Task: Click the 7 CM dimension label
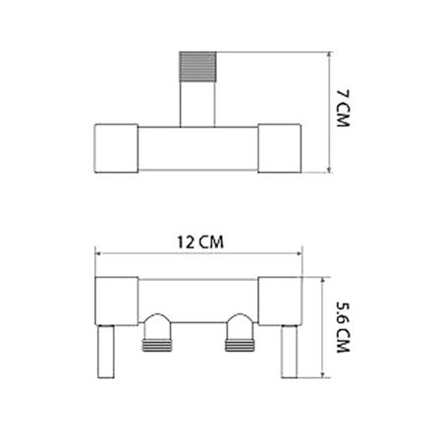pyautogui.click(x=343, y=108)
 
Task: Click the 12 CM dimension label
pyautogui.click(x=200, y=243)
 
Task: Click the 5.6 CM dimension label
pyautogui.click(x=343, y=327)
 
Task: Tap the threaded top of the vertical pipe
pyautogui.click(x=197, y=67)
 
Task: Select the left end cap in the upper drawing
pyautogui.click(x=116, y=148)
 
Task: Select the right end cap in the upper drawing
pyautogui.click(x=279, y=148)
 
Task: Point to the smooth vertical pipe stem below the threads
pyautogui.click(x=197, y=104)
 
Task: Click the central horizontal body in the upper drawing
pyautogui.click(x=197, y=148)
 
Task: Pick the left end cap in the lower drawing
pyautogui.click(x=116, y=302)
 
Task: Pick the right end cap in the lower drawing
pyautogui.click(x=280, y=302)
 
